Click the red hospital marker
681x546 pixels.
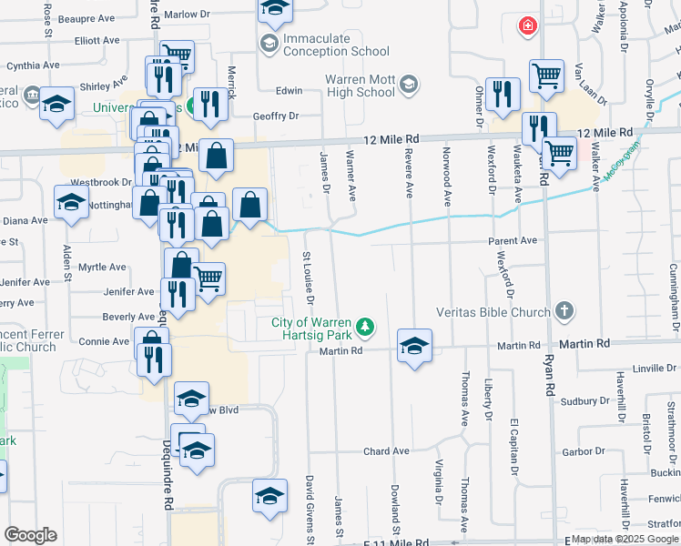[x=526, y=25]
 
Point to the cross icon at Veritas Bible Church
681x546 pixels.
[x=564, y=311]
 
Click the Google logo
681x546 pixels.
[x=31, y=535]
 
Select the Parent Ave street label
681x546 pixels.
[x=513, y=241]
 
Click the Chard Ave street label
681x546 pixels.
[x=386, y=451]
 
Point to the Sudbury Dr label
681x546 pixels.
[x=584, y=400]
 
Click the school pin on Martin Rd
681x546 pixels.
[x=414, y=346]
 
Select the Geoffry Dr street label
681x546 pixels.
[x=275, y=116]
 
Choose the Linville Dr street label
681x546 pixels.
[x=656, y=369]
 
